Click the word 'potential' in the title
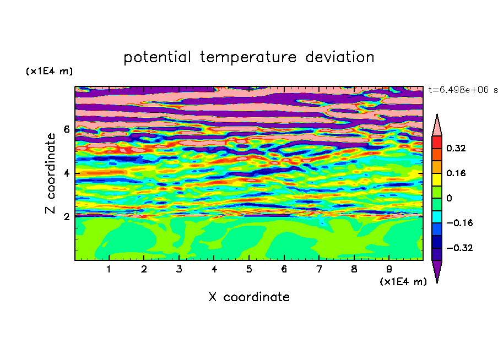point(157,57)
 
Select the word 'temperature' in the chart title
point(248,57)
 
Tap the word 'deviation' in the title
point(340,57)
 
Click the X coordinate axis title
point(249,297)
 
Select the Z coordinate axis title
point(51,173)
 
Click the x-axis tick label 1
point(109,269)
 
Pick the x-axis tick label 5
point(249,269)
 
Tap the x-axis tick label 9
point(389,269)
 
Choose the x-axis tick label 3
point(179,269)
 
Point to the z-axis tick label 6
point(67,129)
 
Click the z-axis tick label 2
point(67,217)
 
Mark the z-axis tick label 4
point(67,173)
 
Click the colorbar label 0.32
point(456,148)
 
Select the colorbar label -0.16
point(459,223)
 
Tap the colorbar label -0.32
point(459,248)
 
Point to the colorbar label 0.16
point(456,173)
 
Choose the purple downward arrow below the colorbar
point(437,270)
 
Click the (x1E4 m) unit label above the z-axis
point(49,71)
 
